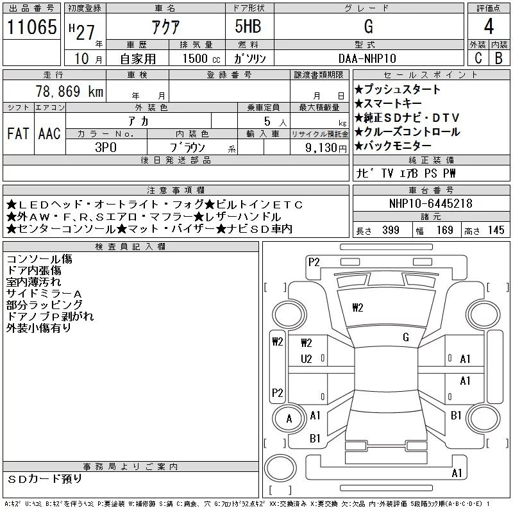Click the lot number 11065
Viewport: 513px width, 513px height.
click(x=31, y=26)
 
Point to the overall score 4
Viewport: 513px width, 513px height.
click(x=489, y=26)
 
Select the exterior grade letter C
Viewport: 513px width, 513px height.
click(x=478, y=58)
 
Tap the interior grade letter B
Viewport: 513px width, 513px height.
click(x=499, y=58)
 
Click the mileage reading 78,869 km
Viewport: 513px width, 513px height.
click(x=69, y=91)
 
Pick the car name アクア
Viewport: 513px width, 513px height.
click(x=165, y=27)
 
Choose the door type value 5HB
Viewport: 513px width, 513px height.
click(x=248, y=26)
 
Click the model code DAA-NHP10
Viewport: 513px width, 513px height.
click(x=367, y=58)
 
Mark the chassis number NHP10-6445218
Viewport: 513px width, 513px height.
click(x=430, y=203)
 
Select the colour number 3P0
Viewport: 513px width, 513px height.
click(x=106, y=147)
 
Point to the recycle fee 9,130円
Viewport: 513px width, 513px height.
click(x=326, y=147)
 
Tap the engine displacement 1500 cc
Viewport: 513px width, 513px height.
click(x=201, y=58)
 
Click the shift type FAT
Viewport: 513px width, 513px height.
click(x=18, y=133)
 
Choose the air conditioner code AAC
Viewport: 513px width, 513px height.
click(x=49, y=133)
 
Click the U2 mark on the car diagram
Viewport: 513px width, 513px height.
click(x=307, y=359)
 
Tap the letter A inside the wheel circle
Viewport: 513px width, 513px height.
click(x=289, y=419)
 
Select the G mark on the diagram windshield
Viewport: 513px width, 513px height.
click(x=406, y=337)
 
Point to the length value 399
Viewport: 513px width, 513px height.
click(x=391, y=230)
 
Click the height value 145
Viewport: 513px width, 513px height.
click(x=496, y=230)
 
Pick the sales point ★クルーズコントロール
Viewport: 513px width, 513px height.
click(x=407, y=132)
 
